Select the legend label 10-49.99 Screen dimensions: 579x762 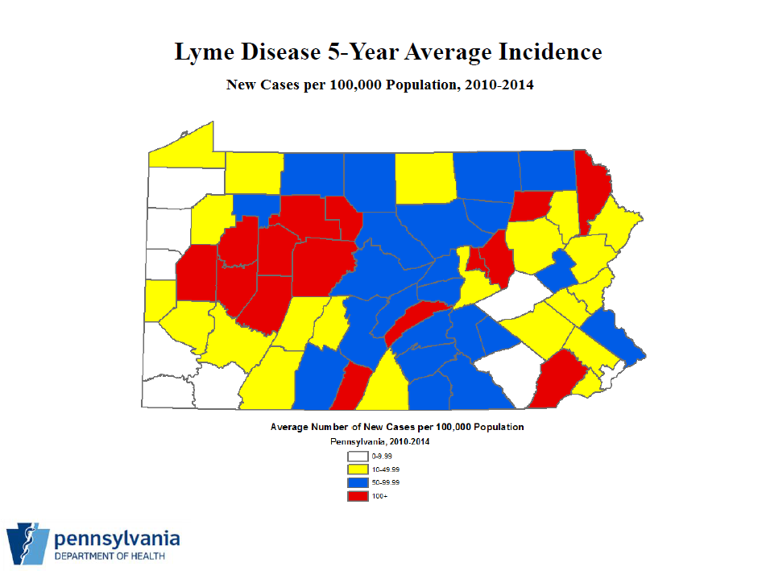(x=386, y=469)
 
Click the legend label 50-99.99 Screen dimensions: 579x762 (x=386, y=482)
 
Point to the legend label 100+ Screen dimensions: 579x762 (x=380, y=496)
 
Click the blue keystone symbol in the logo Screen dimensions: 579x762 (x=27, y=544)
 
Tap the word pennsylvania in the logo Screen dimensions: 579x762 (x=117, y=538)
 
